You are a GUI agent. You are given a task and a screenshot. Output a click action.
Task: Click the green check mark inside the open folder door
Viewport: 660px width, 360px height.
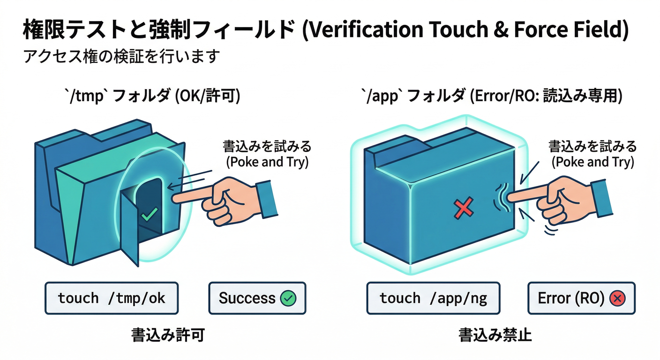tap(149, 215)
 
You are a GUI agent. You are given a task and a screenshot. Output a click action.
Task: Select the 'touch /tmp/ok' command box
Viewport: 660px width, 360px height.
tap(112, 298)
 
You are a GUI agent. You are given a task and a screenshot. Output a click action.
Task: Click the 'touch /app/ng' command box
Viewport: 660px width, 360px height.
tap(433, 298)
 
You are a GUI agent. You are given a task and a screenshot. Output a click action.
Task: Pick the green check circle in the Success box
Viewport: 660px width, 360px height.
tap(288, 298)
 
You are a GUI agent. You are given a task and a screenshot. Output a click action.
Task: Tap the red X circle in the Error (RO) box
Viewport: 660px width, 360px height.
tap(618, 298)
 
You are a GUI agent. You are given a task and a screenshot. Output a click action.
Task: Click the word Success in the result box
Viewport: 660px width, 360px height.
tap(247, 298)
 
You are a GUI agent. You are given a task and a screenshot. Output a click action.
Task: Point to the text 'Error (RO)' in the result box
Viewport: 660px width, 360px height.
tap(570, 298)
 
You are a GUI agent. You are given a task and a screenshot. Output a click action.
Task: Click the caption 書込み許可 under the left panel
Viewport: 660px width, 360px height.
tap(167, 335)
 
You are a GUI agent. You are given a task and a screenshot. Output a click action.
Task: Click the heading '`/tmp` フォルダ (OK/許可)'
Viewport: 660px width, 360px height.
tap(152, 97)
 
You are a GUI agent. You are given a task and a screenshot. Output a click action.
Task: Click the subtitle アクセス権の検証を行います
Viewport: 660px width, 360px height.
tap(121, 56)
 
